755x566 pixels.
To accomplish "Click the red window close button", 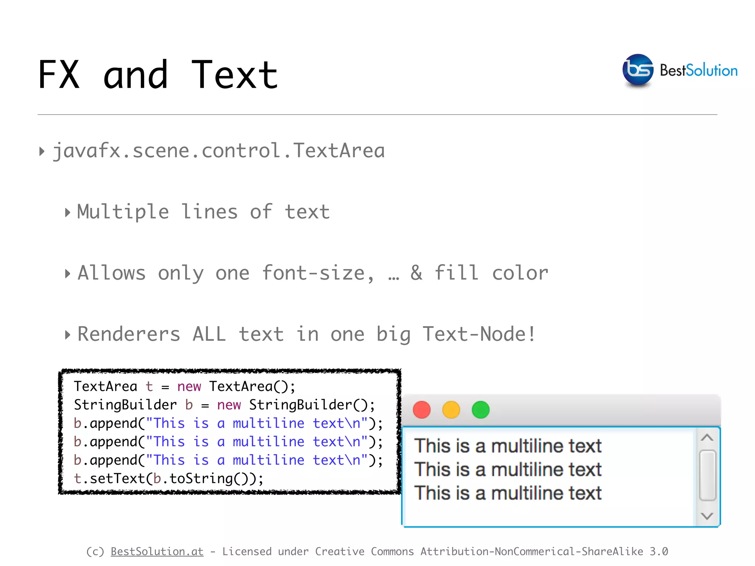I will (x=422, y=410).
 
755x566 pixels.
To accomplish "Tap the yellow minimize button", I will (x=451, y=410).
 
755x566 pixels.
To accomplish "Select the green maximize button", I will (x=480, y=410).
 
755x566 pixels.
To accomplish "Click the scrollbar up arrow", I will (x=707, y=438).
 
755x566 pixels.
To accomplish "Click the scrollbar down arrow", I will (x=707, y=516).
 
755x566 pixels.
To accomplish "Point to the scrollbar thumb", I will (x=707, y=475).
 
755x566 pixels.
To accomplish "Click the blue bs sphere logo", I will (x=638, y=70).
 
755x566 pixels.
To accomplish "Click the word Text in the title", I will (x=234, y=75).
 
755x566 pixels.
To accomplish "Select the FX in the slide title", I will (x=59, y=75).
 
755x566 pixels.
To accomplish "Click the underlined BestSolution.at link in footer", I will (x=157, y=551).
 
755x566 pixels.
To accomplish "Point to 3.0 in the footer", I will (x=658, y=551).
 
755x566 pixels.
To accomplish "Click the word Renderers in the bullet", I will (x=129, y=334).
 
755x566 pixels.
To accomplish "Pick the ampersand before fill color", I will (x=417, y=273).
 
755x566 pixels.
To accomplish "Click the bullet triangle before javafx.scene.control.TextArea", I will (x=42, y=151).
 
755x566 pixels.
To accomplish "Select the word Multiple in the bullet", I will (x=123, y=212).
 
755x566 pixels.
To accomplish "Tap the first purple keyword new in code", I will (x=189, y=386).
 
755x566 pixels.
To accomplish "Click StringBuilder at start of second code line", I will (x=125, y=405).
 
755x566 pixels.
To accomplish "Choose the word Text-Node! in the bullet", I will (x=479, y=334).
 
